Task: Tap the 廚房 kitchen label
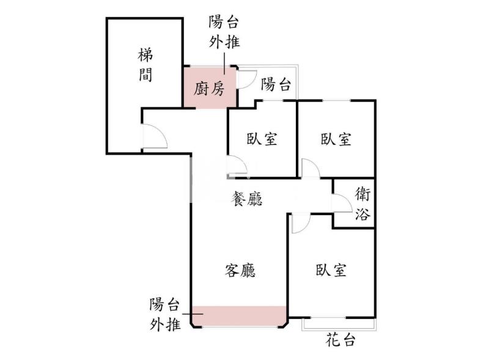(x=209, y=89)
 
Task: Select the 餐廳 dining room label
(x=246, y=199)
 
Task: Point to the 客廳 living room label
(x=240, y=270)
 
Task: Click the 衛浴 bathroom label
(x=362, y=204)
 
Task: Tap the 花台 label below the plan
(x=340, y=340)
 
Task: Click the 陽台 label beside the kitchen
(x=276, y=84)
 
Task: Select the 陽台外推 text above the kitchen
(x=224, y=32)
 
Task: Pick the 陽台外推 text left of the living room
(x=165, y=314)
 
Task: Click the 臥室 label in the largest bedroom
(x=331, y=270)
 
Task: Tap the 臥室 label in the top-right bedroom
(x=336, y=139)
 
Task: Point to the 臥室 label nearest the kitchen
(x=262, y=139)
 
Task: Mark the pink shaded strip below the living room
(x=239, y=316)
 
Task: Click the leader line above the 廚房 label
(x=224, y=64)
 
